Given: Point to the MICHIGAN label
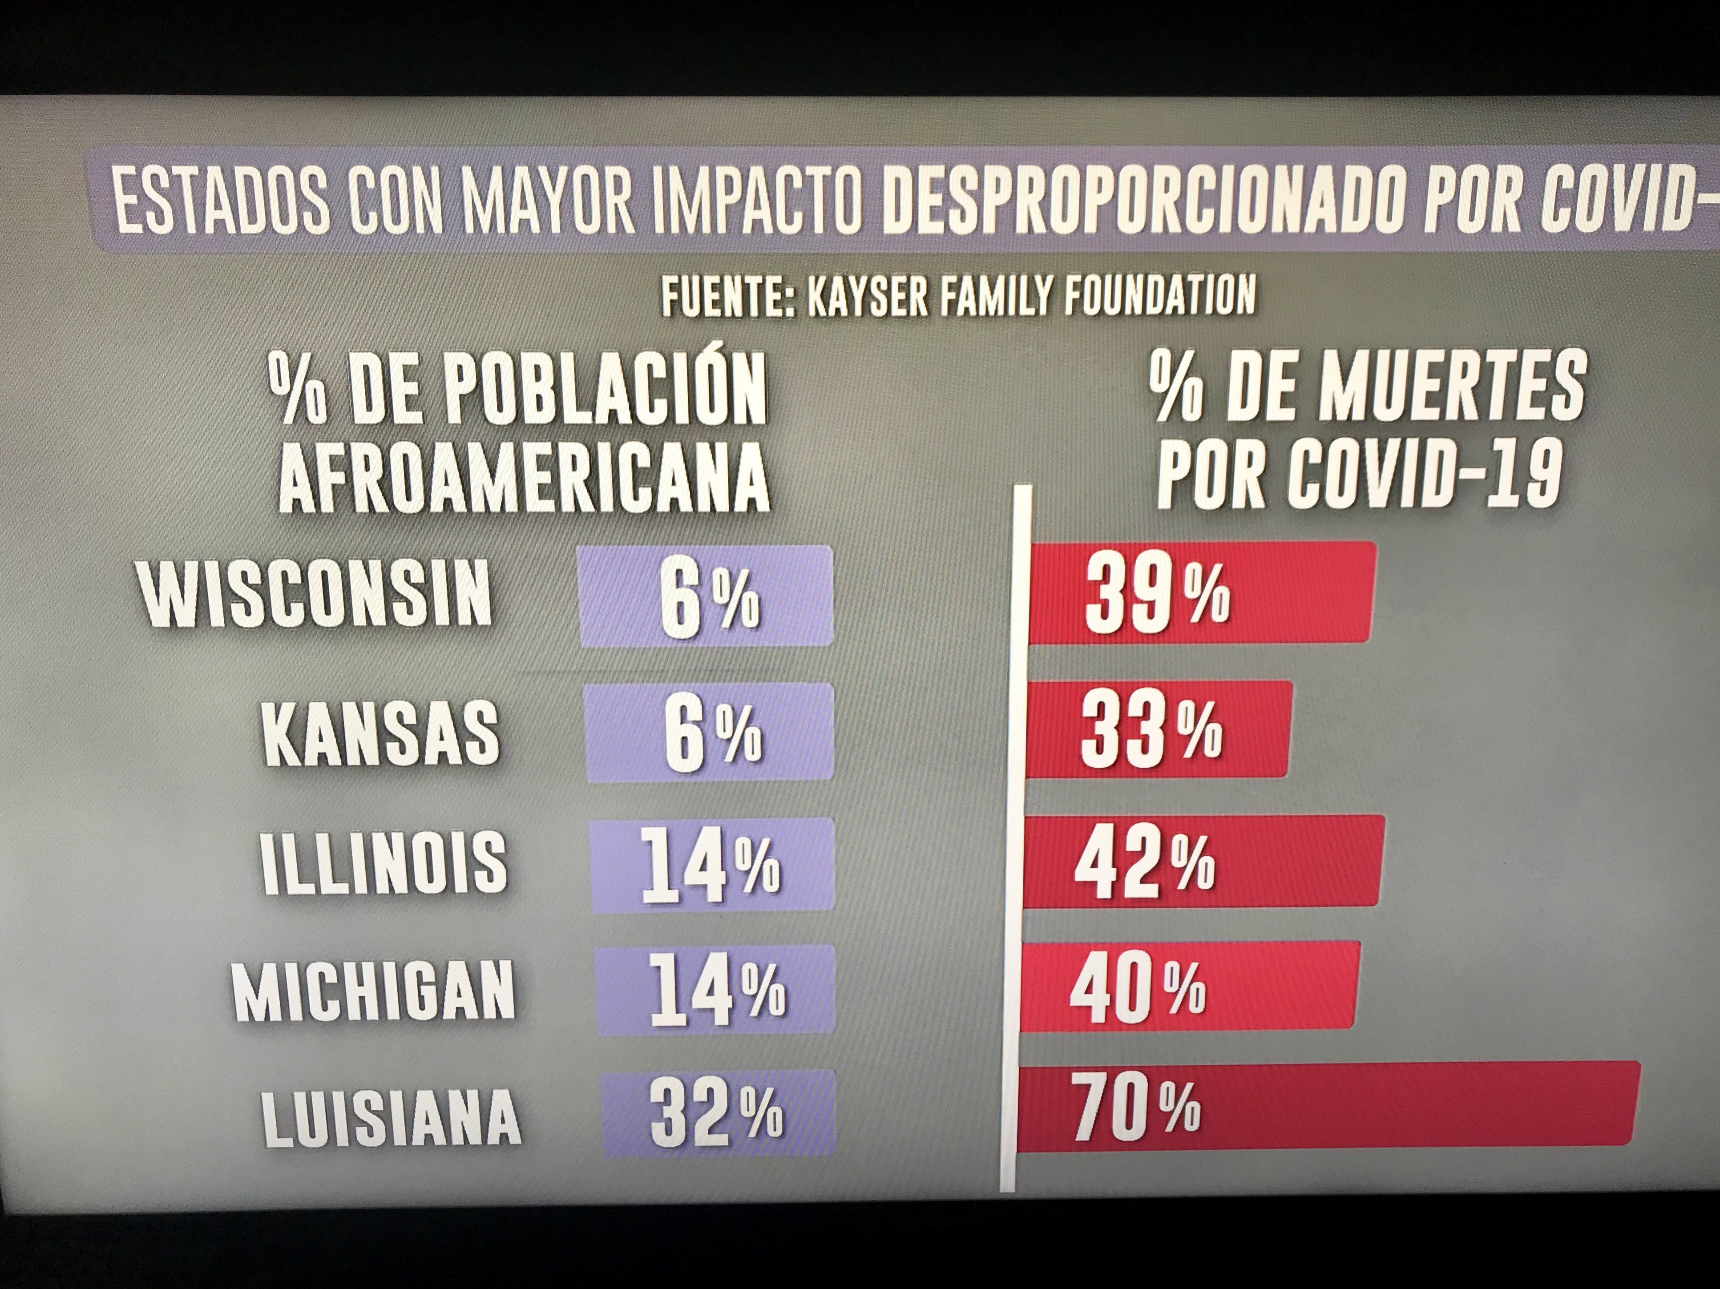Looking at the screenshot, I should tap(373, 991).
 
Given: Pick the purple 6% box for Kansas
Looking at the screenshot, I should tap(709, 733).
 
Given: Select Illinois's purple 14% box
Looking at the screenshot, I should tap(711, 865).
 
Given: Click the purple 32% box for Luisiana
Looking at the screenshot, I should tap(718, 1115).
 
